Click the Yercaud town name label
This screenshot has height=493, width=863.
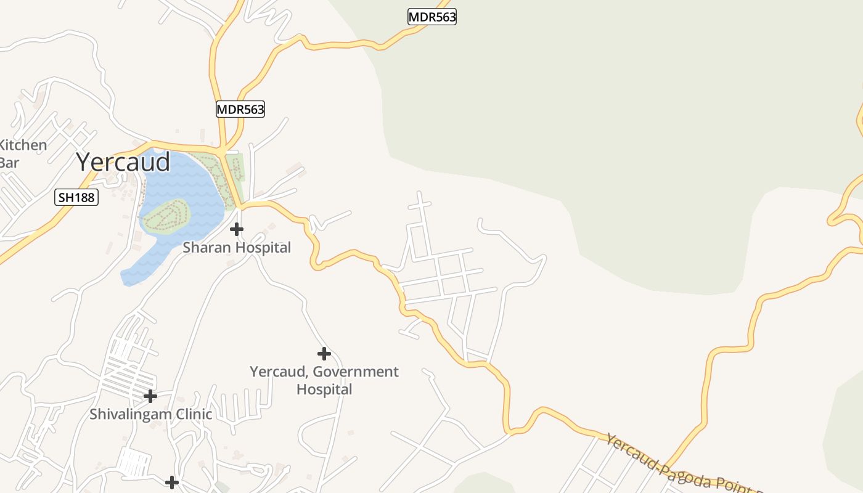click(123, 162)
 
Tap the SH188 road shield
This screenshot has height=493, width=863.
click(77, 198)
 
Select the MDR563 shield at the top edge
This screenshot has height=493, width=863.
click(432, 17)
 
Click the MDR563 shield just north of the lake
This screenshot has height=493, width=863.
click(240, 110)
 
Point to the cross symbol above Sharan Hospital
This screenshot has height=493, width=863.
click(236, 229)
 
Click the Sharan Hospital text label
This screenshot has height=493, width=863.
click(237, 248)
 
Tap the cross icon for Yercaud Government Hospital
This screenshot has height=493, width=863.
click(324, 354)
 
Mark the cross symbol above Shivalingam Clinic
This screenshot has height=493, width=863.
click(150, 396)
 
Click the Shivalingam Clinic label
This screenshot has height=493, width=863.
click(151, 414)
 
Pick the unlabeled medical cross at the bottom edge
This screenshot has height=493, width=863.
click(172, 482)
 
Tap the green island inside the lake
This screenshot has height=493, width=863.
click(165, 216)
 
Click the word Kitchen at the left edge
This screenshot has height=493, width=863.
click(23, 145)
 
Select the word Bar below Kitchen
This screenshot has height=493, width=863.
click(9, 163)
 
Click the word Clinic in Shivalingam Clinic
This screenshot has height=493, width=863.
click(192, 414)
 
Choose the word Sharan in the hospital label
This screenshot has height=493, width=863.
click(206, 248)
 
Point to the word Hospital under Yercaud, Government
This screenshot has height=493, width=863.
click(324, 389)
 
